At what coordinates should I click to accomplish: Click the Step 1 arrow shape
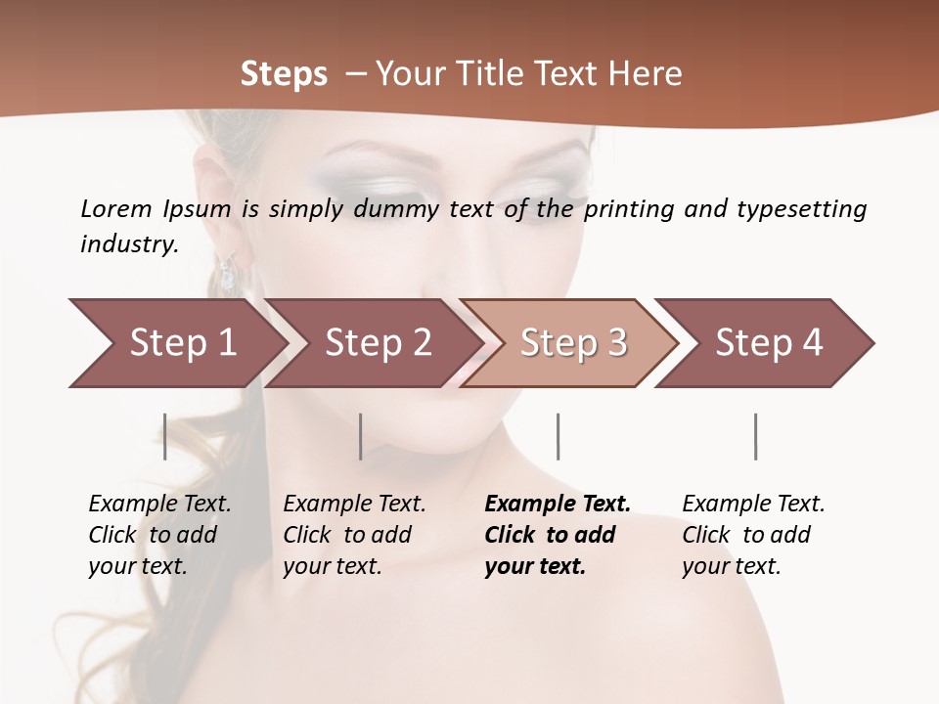176,343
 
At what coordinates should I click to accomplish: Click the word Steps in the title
284,73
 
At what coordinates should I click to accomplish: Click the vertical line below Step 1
165,436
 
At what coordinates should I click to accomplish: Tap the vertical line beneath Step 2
361,436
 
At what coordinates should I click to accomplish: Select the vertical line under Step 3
558,436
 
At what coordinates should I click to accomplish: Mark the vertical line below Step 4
755,436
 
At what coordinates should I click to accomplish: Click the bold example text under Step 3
557,535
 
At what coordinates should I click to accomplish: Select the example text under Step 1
159,535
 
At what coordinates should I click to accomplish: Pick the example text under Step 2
354,535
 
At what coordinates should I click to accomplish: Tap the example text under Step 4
753,535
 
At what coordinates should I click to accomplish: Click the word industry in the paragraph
129,244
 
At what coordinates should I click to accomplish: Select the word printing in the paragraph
626,209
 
